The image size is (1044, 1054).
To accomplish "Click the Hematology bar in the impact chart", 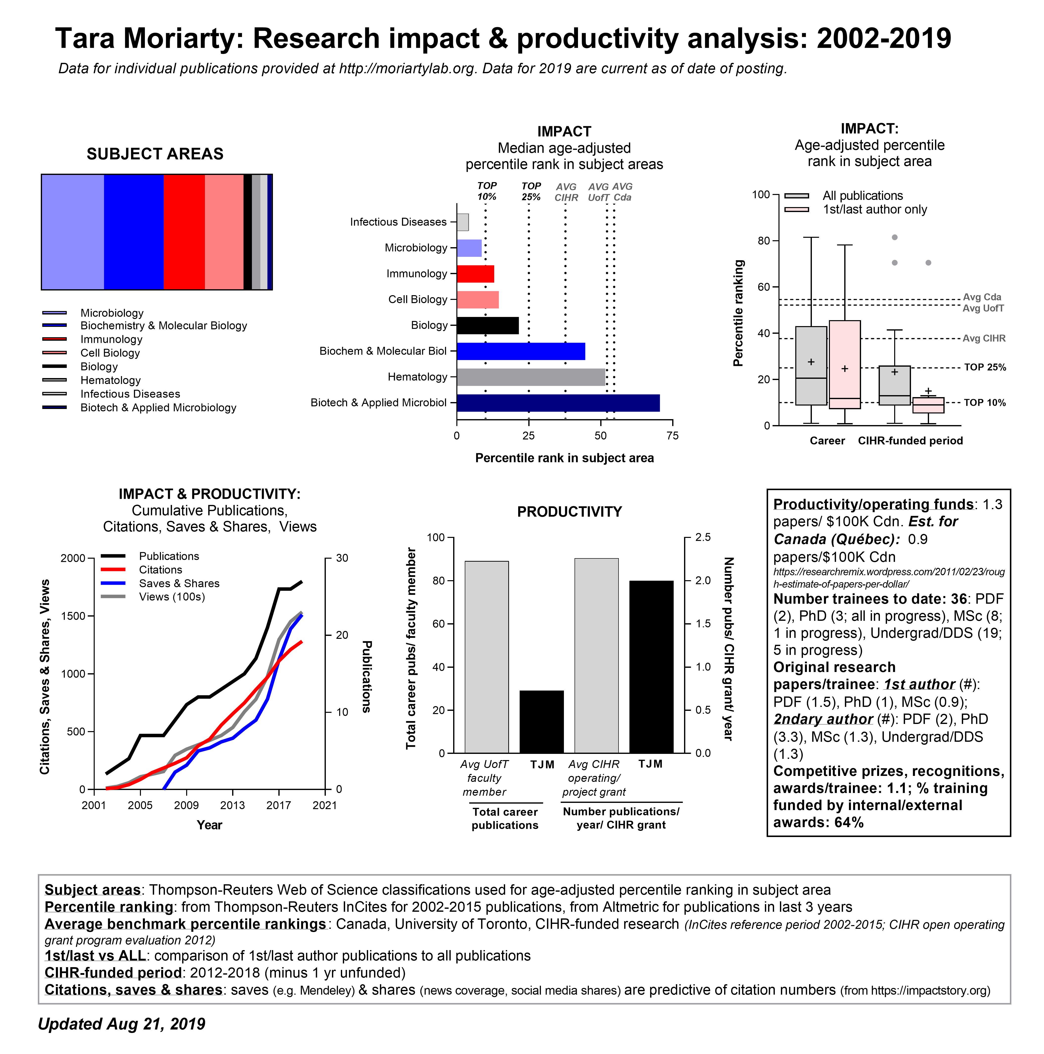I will [531, 377].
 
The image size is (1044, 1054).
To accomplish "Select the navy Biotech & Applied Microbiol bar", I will [558, 403].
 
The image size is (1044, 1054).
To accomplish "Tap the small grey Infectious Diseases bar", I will [462, 222].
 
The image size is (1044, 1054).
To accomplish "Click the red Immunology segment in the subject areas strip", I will [184, 232].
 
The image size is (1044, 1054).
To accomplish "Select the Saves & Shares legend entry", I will [179, 583].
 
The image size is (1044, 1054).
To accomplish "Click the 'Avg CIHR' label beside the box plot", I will [983, 338].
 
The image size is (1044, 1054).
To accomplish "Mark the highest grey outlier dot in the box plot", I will [894, 237].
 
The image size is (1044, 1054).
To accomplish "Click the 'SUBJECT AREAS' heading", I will [155, 154].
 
